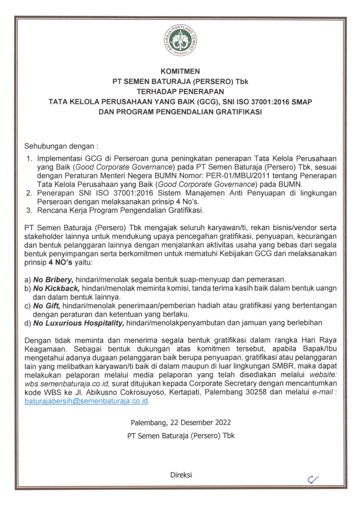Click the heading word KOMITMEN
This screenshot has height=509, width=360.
tap(180, 72)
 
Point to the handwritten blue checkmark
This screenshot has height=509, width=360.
tap(313, 479)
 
